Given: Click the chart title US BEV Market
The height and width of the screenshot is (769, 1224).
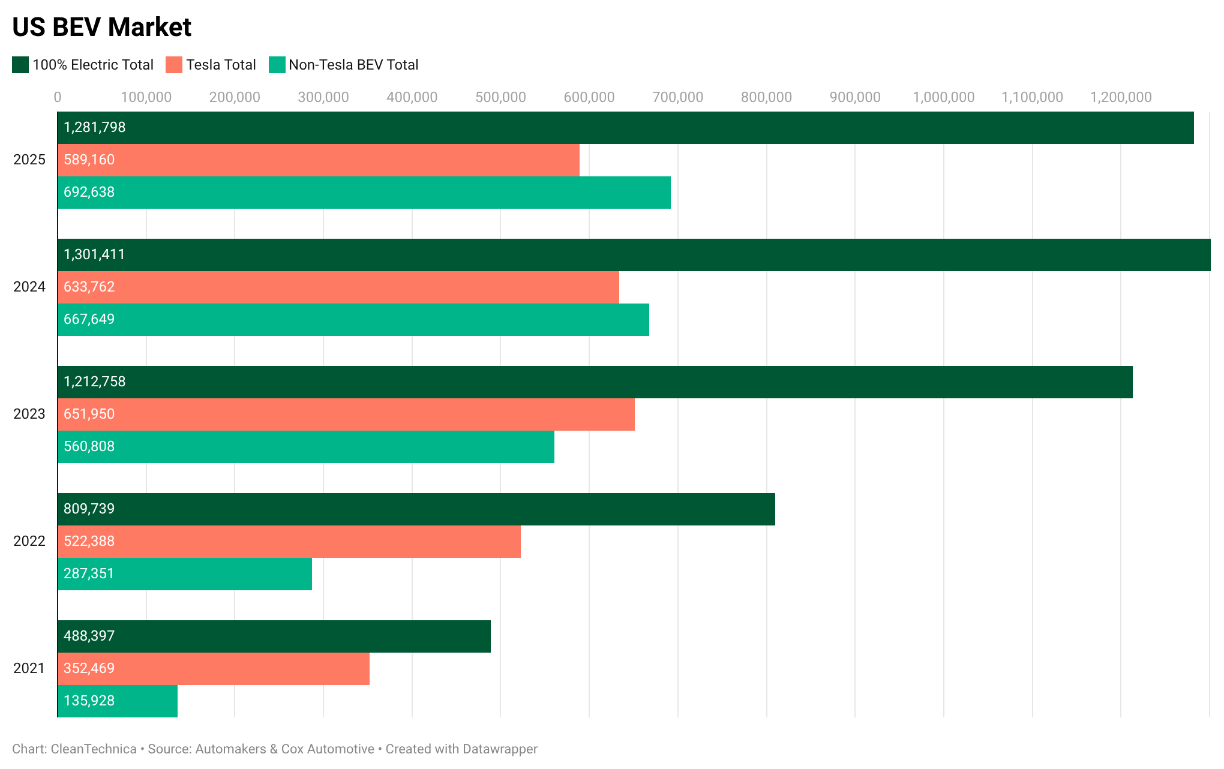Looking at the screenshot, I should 101,27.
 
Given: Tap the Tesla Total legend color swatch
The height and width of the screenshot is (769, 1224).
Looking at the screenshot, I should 174,65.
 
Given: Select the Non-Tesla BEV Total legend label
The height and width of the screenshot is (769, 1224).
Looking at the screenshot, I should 353,65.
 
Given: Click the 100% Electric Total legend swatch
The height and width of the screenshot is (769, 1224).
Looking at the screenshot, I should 20,65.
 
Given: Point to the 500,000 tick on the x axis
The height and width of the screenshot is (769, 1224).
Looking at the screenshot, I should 500,97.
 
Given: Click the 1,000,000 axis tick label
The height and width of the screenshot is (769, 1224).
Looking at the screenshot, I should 943,97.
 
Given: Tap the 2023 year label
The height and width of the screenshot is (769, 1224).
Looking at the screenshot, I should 29,414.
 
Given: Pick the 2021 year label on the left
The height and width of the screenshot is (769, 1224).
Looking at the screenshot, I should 29,668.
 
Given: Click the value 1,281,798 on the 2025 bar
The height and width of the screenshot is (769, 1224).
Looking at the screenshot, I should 95,127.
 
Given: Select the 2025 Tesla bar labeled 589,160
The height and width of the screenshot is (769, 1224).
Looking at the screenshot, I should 319,160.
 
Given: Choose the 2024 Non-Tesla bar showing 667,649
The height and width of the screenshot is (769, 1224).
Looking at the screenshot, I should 353,320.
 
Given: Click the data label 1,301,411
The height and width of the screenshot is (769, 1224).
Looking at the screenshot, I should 94,254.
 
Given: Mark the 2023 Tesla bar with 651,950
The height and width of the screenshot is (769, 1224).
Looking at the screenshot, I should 346,414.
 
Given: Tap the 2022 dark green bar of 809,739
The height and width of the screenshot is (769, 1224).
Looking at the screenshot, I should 416,509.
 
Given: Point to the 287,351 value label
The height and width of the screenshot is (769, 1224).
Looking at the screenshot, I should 89,573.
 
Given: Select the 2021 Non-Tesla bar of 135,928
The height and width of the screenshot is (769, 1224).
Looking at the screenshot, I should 118,701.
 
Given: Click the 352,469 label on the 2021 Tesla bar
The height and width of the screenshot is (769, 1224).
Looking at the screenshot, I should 89,668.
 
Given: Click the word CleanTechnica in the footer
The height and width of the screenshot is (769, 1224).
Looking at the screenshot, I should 94,749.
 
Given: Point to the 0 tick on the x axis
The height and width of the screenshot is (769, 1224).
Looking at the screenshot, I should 58,97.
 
